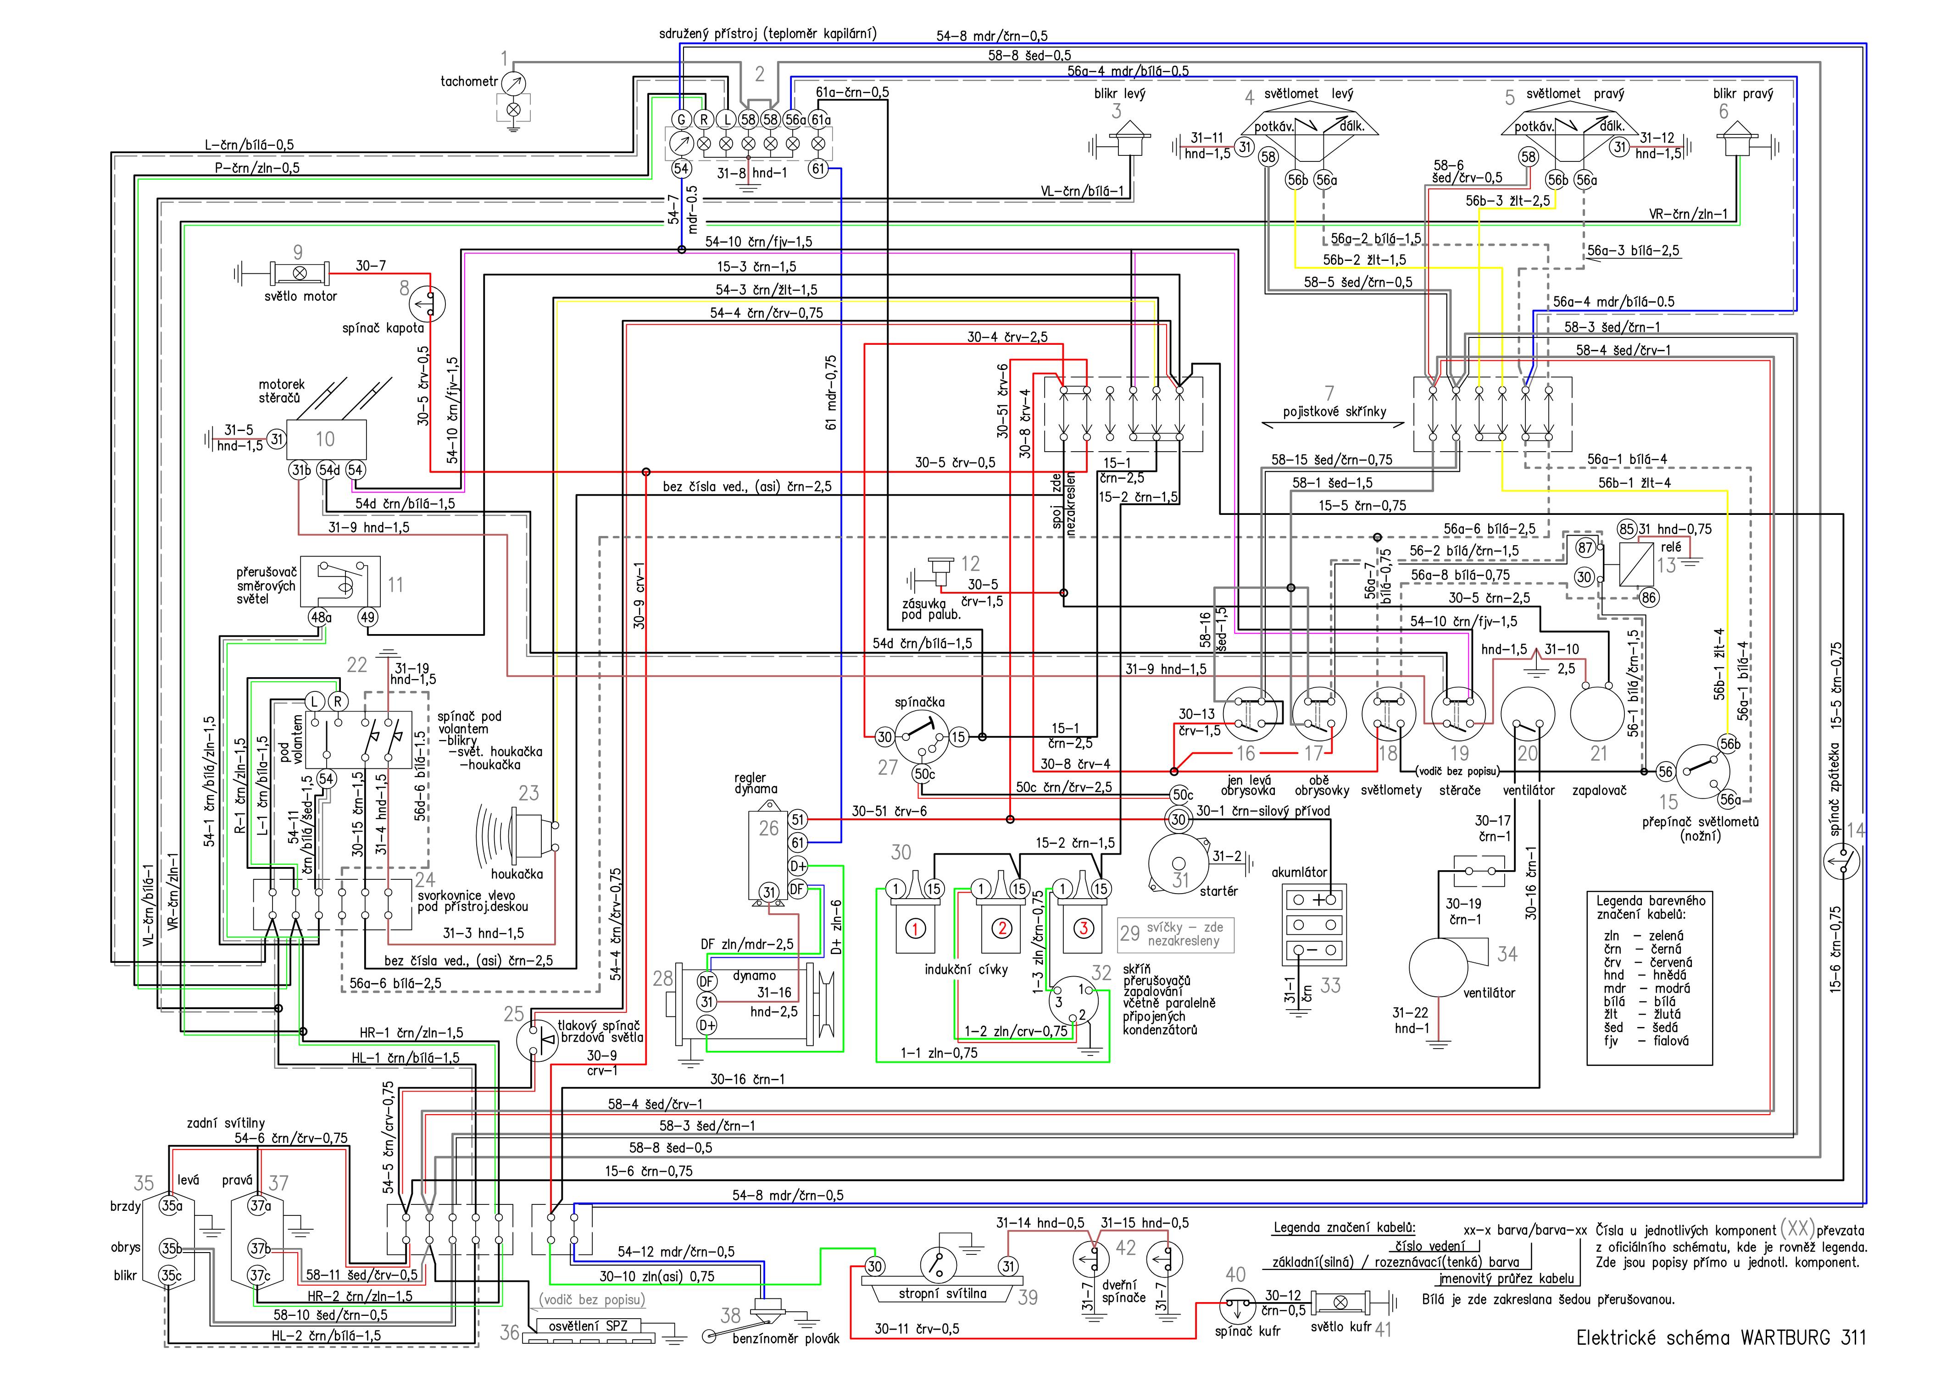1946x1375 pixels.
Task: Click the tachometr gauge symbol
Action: click(513, 83)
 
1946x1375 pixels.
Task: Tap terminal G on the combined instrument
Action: click(681, 120)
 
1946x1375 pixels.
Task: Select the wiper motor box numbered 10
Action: click(326, 439)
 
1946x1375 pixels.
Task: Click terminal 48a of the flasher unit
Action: click(320, 618)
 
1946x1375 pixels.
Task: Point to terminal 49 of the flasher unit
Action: click(368, 618)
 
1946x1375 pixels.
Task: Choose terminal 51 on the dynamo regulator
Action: click(798, 819)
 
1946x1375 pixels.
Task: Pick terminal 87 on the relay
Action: click(1585, 548)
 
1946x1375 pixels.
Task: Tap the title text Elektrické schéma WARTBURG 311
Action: click(1721, 1339)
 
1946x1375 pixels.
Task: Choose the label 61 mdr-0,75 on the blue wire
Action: click(831, 392)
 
